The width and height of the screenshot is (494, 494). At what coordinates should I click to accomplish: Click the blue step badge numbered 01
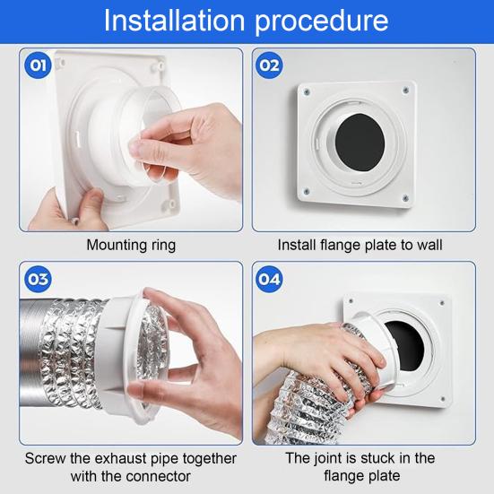pyautogui.click(x=38, y=65)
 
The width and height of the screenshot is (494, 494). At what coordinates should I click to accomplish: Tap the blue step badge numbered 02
pyautogui.click(x=269, y=65)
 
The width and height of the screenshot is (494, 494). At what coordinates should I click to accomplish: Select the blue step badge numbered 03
pyautogui.click(x=38, y=279)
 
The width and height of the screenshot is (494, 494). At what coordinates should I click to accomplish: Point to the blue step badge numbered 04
pyautogui.click(x=269, y=279)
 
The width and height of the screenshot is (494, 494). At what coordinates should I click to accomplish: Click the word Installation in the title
pyautogui.click(x=174, y=21)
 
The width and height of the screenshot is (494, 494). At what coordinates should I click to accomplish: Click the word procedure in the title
pyautogui.click(x=321, y=22)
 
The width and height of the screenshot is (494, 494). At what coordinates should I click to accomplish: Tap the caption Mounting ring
pyautogui.click(x=131, y=245)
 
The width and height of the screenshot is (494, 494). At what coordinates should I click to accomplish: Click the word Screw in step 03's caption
pyautogui.click(x=46, y=458)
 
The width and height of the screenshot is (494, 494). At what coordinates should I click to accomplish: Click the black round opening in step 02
pyautogui.click(x=360, y=143)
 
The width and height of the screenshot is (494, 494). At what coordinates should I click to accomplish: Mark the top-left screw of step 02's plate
pyautogui.click(x=307, y=92)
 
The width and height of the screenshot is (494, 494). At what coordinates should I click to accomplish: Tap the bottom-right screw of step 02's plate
pyautogui.click(x=406, y=198)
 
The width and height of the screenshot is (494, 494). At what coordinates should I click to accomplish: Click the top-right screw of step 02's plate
pyautogui.click(x=406, y=91)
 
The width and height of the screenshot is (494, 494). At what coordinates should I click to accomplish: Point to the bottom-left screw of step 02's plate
pyautogui.click(x=306, y=191)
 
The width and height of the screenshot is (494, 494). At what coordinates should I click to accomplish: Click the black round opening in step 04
pyautogui.click(x=406, y=345)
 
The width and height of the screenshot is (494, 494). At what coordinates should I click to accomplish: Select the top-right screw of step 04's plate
pyautogui.click(x=442, y=303)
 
